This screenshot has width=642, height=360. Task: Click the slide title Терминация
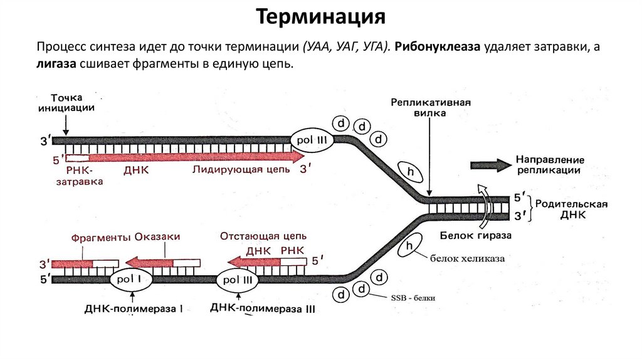click(320, 17)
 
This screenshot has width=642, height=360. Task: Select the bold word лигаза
click(56, 65)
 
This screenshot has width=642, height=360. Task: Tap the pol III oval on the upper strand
click(312, 140)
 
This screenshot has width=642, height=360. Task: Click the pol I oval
click(132, 280)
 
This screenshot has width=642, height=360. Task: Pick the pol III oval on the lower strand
click(238, 280)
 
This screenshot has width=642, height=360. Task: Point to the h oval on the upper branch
click(411, 172)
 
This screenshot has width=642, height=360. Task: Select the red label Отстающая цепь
click(263, 236)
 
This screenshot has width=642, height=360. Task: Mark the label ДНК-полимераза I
click(134, 309)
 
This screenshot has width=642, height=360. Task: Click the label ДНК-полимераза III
click(263, 308)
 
